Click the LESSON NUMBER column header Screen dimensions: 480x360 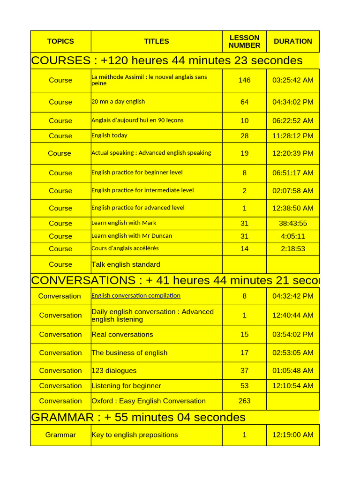click(244, 41)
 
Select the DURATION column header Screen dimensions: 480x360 click(292, 41)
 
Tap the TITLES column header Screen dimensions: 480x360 click(157, 41)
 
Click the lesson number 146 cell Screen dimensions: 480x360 click(244, 80)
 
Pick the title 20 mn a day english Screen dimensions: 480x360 click(118, 101)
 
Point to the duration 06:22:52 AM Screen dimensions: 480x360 click(292, 120)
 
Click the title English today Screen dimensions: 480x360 click(109, 135)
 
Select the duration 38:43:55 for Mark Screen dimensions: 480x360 click(292, 223)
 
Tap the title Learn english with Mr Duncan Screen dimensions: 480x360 click(132, 236)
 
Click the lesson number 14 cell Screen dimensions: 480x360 click(244, 248)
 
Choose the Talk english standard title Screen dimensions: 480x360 click(126, 264)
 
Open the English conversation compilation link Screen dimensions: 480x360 click(136, 295)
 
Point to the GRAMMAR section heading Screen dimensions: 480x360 click(138, 417)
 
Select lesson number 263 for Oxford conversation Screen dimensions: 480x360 click(244, 401)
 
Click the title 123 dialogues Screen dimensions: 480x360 click(114, 370)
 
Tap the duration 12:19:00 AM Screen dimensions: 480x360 click(292, 435)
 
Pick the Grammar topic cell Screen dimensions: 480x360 click(60, 435)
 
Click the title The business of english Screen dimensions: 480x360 click(129, 352)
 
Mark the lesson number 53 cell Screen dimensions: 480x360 click(244, 385)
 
